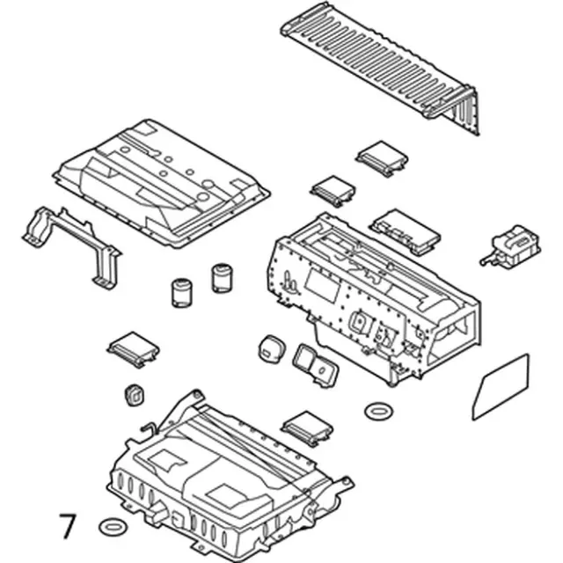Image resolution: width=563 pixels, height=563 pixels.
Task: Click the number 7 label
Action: coord(69,525)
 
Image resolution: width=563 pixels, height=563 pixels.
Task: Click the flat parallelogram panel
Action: coord(501,387)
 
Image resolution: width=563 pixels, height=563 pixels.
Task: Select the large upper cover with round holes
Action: coord(162,183)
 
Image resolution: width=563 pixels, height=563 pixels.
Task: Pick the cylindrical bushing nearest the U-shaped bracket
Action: coord(181,293)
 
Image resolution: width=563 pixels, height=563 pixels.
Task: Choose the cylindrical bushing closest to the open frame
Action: coord(222,278)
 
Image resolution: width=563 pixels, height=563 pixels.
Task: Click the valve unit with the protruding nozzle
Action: coord(512,245)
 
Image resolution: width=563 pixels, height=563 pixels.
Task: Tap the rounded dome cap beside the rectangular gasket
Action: coord(272,348)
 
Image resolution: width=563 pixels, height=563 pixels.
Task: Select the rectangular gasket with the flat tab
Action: coord(315,366)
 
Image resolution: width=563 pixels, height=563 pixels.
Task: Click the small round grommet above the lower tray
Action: coord(135,395)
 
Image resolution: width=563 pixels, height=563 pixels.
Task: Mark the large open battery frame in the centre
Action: coord(373,300)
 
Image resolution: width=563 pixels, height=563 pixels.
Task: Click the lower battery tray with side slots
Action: coord(230,481)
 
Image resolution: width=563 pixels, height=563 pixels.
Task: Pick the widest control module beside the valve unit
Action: coord(405,231)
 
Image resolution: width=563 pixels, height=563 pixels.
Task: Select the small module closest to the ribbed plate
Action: coord(383,158)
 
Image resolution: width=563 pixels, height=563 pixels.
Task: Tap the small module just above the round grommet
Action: coord(133,349)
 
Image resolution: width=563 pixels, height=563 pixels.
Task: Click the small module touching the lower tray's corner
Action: coord(307,428)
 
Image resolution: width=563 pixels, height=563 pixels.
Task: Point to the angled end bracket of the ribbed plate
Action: coord(464,109)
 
